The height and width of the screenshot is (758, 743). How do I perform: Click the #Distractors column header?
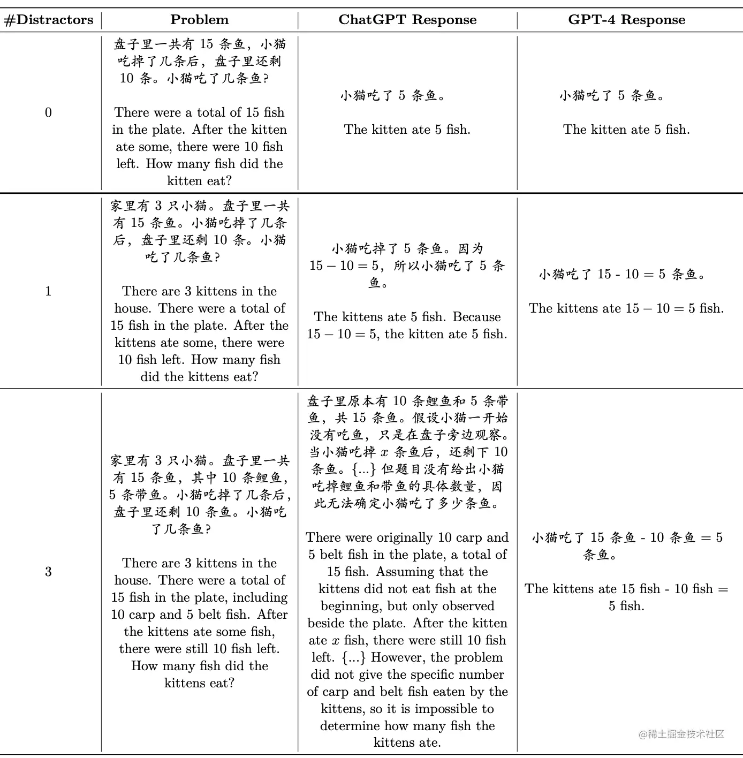click(x=49, y=20)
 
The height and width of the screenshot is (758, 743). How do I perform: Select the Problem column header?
click(x=199, y=20)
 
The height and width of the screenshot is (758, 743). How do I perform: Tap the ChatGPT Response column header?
click(x=407, y=20)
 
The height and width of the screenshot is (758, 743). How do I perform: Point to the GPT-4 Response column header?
click(x=626, y=20)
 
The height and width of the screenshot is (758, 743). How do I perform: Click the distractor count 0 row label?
click(x=48, y=112)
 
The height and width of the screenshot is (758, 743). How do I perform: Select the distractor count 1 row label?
click(x=48, y=291)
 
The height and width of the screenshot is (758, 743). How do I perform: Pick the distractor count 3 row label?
click(x=48, y=572)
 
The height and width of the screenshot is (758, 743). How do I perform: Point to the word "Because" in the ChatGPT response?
click(x=476, y=317)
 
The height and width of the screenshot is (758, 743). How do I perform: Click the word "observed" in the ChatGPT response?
click(x=467, y=606)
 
